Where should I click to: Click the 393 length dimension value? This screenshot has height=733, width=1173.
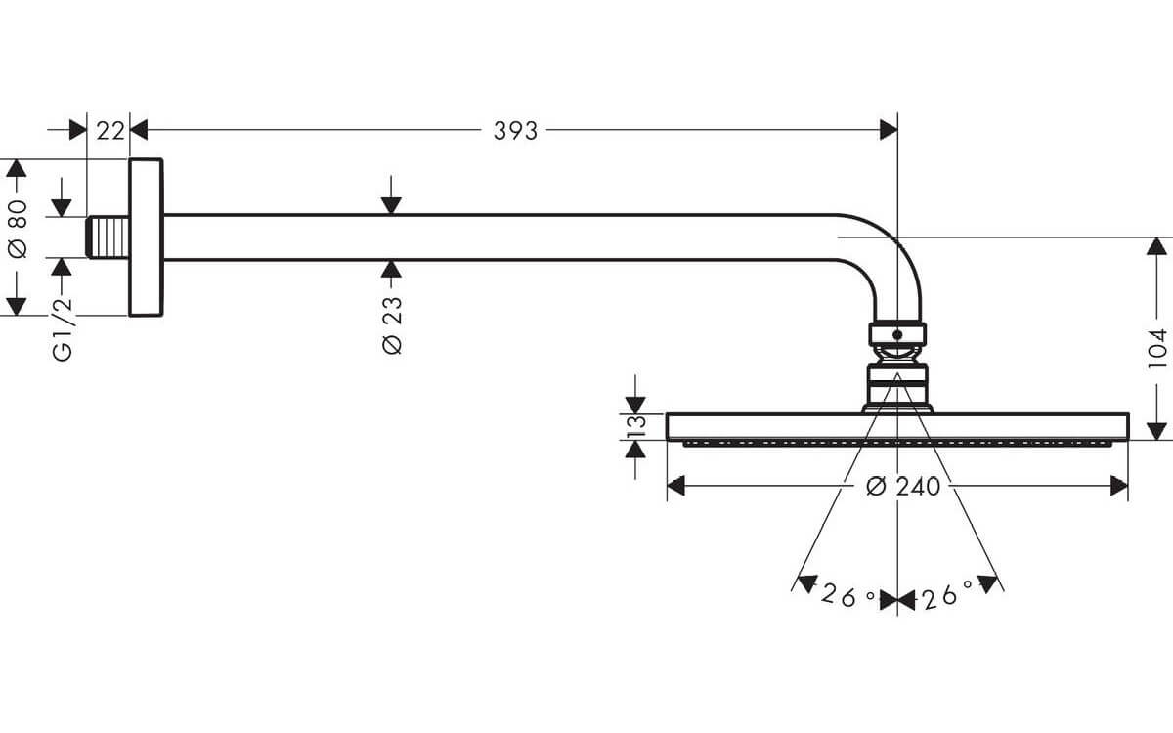pyautogui.click(x=515, y=131)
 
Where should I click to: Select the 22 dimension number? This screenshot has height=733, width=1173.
pyautogui.click(x=110, y=131)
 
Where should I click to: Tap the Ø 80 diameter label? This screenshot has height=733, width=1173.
pyautogui.click(x=19, y=229)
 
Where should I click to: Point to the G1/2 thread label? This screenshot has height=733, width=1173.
pyautogui.click(x=63, y=328)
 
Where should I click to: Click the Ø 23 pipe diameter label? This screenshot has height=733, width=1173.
pyautogui.click(x=392, y=325)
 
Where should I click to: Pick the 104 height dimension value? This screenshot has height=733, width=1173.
pyautogui.click(x=1157, y=348)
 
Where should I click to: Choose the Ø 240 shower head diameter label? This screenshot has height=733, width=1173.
pyautogui.click(x=903, y=487)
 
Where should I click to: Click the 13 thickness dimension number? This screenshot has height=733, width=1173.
pyautogui.click(x=636, y=427)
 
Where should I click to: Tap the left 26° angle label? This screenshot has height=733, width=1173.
pyautogui.click(x=847, y=595)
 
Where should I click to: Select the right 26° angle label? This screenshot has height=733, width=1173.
pyautogui.click(x=948, y=595)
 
